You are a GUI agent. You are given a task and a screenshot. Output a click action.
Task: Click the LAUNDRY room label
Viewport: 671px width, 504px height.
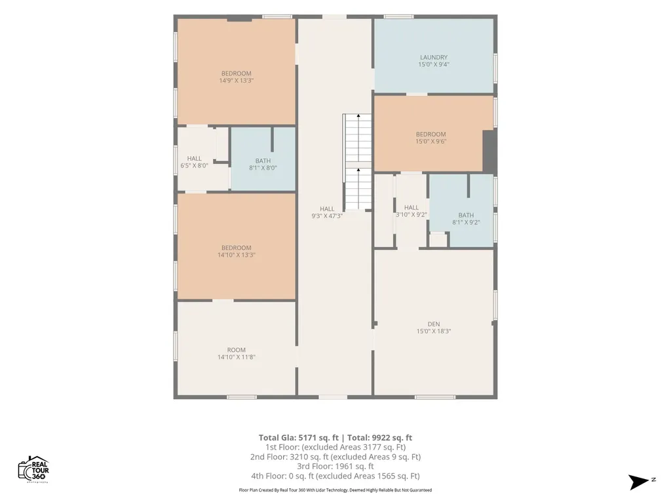coord(434,57)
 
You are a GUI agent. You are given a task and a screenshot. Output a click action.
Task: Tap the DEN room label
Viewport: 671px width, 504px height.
coord(434,324)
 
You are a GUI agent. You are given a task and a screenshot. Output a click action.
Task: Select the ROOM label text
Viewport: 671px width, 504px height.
coord(236,350)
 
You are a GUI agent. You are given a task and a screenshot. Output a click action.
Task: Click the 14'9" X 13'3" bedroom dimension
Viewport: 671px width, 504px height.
coord(236,80)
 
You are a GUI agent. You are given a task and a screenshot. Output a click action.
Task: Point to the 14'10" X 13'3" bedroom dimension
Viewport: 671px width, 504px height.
coord(236,255)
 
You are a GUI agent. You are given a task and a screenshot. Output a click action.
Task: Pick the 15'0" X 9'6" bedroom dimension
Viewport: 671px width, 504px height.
coord(431,141)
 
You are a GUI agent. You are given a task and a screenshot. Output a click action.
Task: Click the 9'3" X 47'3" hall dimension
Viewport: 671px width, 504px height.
coord(327,216)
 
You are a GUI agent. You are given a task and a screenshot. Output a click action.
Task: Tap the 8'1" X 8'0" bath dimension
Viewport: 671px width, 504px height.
coord(263,167)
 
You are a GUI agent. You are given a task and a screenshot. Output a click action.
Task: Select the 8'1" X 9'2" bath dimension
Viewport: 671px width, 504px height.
coord(466,222)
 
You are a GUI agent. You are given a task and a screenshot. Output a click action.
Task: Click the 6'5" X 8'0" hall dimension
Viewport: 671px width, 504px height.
coord(194,165)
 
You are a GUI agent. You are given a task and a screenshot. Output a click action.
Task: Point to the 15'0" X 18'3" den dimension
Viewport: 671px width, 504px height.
coord(434,331)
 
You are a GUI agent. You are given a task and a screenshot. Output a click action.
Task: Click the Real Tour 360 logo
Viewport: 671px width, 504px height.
coord(33,469)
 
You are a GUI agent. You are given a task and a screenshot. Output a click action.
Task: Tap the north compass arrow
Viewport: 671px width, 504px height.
coord(638,481)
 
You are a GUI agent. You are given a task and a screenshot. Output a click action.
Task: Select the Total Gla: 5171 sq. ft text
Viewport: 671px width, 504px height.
coord(298,438)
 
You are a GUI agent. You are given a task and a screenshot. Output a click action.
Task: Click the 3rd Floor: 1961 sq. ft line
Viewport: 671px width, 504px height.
coord(335,467)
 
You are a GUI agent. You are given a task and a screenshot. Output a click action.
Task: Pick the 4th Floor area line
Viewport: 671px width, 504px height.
coord(335,476)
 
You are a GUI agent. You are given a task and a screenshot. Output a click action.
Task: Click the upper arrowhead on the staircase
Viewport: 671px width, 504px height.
coord(358,115)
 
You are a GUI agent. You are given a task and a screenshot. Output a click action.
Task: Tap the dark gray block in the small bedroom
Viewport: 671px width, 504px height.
coord(489,151)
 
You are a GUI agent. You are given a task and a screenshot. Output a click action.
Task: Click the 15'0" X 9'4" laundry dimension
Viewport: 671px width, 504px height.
coord(434,64)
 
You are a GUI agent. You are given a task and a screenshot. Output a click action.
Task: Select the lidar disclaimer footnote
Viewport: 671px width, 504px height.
coord(335,490)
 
